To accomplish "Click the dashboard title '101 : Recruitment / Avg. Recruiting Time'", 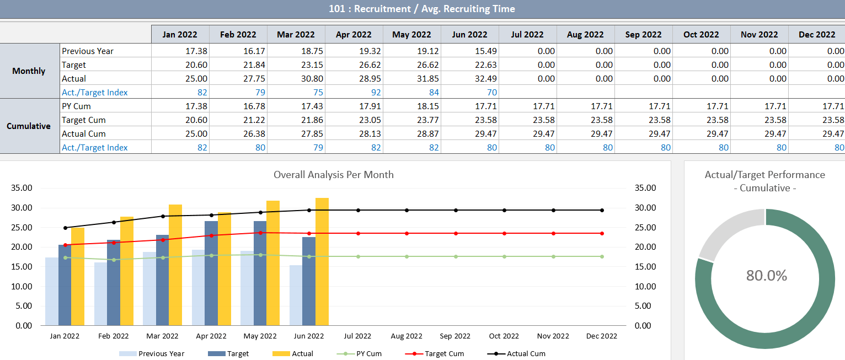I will click(x=422, y=8).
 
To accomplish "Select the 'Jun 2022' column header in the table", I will click(x=469, y=34).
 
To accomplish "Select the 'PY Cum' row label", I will click(x=77, y=106).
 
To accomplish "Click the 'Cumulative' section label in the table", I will click(x=29, y=126).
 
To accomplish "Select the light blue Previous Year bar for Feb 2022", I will click(x=100, y=293).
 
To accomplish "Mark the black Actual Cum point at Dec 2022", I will click(x=602, y=210).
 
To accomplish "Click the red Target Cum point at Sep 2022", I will click(x=456, y=233).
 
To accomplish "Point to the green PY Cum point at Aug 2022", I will click(x=407, y=256).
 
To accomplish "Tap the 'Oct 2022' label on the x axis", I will click(x=504, y=336).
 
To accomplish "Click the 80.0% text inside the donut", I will click(x=766, y=275).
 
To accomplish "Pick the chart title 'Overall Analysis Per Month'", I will click(x=334, y=175).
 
